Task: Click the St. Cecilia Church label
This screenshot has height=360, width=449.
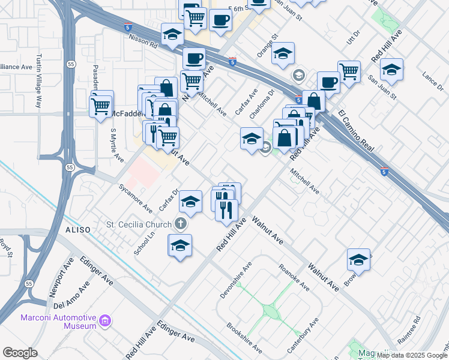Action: (x=138, y=225)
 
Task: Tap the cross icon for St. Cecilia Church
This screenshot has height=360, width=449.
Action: (x=180, y=224)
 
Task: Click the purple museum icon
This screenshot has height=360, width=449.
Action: (x=106, y=321)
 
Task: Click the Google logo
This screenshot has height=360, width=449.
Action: (x=20, y=353)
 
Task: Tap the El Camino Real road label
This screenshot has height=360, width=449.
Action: (x=356, y=131)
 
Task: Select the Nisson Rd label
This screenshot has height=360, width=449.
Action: (x=142, y=41)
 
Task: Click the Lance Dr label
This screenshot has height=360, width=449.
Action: (x=432, y=81)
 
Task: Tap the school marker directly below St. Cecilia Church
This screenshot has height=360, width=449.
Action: (x=180, y=246)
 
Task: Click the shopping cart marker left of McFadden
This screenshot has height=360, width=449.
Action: (x=101, y=106)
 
